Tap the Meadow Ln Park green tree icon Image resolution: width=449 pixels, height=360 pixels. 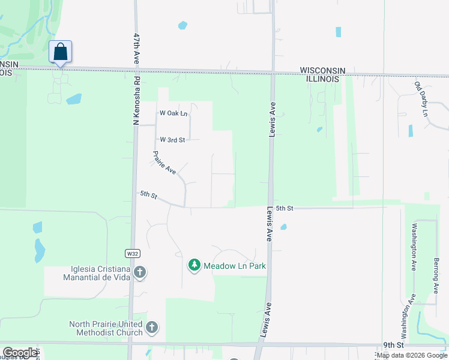coord(194,265)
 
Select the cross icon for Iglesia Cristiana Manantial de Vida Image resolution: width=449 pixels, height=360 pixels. coord(139,273)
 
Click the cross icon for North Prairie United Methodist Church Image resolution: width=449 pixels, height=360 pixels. coord(152,328)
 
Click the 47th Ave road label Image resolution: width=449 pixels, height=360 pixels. coord(137,49)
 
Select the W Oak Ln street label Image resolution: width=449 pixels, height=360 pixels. coord(173,113)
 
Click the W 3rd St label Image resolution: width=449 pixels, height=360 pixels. coord(172,139)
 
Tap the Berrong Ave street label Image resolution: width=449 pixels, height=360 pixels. coord(436,275)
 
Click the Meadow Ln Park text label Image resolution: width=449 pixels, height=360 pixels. coord(234,265)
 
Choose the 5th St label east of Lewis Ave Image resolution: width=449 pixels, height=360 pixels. coord(285,208)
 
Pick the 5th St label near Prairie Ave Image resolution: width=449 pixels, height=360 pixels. coord(148,194)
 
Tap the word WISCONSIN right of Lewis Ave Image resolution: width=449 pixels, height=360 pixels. coord(322,70)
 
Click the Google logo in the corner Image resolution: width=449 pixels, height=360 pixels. coord(20,353)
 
